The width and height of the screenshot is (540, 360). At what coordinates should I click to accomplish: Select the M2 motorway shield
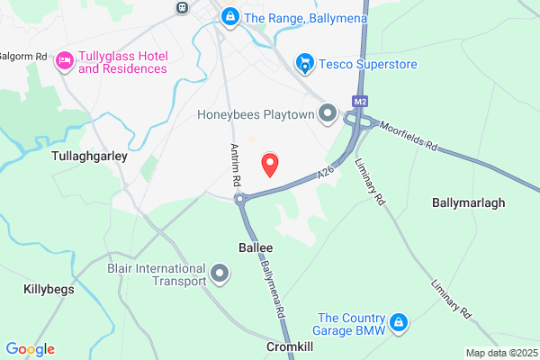click(x=361, y=102)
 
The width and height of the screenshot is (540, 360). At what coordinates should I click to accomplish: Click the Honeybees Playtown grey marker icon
click(x=328, y=114)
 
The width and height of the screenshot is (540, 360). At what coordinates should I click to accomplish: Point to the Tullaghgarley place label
click(x=89, y=156)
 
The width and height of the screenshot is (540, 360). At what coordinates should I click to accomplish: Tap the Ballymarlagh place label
click(x=469, y=202)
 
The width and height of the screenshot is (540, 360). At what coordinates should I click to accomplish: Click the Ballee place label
click(x=256, y=246)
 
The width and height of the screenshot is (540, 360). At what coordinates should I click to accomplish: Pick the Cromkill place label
click(x=290, y=346)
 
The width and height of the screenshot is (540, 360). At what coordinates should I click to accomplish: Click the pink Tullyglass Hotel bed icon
click(x=64, y=61)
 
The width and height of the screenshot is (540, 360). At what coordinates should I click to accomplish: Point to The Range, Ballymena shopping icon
click(x=231, y=16)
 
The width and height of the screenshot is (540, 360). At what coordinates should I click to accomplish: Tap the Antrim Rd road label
click(x=236, y=165)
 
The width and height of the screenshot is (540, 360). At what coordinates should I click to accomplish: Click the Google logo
click(x=30, y=349)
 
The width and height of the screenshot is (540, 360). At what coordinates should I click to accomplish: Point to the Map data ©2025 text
click(x=500, y=353)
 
